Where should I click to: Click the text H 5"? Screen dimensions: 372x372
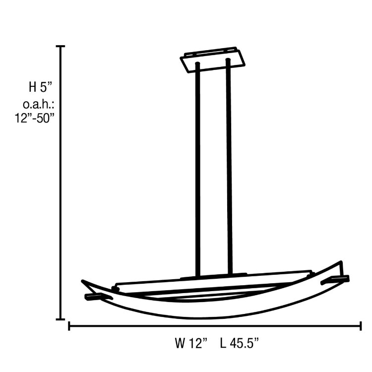point(40,88)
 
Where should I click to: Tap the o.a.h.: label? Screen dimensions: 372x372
point(38,105)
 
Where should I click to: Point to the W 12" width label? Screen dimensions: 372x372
point(190,342)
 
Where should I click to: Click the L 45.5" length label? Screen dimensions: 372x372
point(239,342)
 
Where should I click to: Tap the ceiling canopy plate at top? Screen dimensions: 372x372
point(213,60)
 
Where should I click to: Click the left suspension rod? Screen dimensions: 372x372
point(198,169)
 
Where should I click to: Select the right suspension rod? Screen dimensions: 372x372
point(229,169)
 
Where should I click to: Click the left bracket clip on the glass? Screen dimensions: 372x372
point(99,296)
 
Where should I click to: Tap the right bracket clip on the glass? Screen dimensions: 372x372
point(335,280)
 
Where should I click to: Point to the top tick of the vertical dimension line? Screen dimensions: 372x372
point(61,46)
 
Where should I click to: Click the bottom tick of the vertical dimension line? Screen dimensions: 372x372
point(61,319)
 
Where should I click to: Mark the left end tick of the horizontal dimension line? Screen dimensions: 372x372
point(68,326)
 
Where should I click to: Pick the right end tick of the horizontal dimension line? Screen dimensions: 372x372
point(361,326)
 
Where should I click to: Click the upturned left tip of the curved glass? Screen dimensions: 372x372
point(84,283)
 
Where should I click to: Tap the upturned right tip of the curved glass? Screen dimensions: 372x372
point(340,263)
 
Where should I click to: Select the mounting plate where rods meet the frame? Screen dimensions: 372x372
point(213,276)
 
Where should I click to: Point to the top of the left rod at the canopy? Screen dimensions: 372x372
point(198,64)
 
